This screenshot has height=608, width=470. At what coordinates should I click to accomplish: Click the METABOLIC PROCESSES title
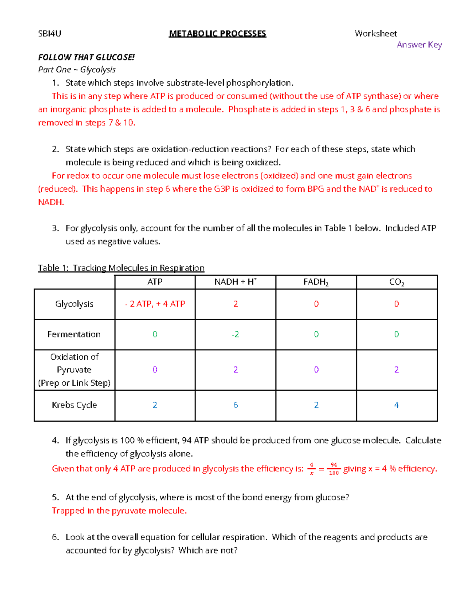click(217, 34)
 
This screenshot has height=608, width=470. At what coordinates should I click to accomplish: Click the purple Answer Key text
click(419, 45)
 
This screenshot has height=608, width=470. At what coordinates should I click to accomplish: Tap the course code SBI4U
click(50, 34)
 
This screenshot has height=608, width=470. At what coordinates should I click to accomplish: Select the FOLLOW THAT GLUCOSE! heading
click(86, 58)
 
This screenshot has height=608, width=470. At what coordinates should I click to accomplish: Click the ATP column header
click(155, 282)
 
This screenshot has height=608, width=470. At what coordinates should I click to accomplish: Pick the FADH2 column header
click(316, 282)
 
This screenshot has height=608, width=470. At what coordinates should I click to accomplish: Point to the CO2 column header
click(396, 282)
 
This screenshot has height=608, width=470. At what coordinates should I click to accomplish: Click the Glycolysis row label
click(74, 304)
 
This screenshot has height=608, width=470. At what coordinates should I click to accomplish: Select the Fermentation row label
click(74, 334)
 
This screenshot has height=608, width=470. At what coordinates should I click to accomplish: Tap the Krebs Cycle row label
click(74, 405)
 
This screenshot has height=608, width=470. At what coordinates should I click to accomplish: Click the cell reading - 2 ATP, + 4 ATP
click(155, 304)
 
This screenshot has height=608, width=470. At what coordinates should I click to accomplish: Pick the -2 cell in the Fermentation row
click(235, 334)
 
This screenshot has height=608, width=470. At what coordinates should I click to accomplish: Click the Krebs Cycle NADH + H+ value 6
click(235, 405)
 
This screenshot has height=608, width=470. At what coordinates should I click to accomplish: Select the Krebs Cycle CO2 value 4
click(396, 405)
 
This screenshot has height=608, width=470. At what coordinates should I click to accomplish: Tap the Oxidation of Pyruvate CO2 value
click(396, 370)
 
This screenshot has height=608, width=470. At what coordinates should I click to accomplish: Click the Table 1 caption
click(121, 268)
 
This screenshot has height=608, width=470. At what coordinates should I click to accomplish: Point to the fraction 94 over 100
click(334, 469)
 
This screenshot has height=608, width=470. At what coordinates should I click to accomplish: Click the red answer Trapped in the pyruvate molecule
click(119, 511)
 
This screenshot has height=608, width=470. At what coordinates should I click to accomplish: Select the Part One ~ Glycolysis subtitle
click(77, 70)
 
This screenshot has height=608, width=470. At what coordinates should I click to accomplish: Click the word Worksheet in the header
click(376, 34)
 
